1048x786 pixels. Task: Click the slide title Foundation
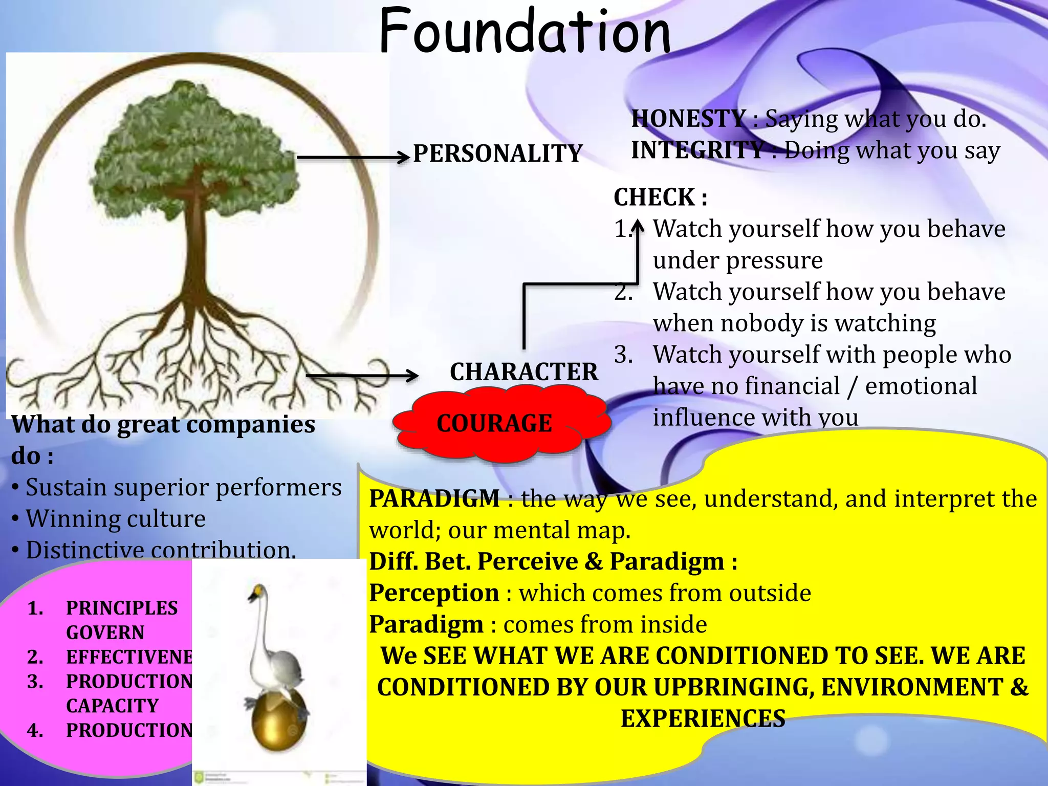[x=525, y=32]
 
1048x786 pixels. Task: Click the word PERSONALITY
[x=497, y=154]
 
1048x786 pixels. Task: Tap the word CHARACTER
[x=523, y=372]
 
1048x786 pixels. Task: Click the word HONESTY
[x=688, y=119]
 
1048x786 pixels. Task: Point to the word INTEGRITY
[x=697, y=150]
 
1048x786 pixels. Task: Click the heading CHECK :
[x=660, y=198]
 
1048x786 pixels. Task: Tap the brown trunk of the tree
[x=196, y=246]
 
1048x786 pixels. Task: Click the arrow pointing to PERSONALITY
[x=353, y=158]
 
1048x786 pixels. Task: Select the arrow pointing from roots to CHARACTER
[x=361, y=376]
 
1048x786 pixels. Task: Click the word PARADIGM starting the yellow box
[x=434, y=498]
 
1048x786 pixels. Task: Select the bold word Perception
[x=434, y=593]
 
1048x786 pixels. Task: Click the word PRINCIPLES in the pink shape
[x=122, y=608]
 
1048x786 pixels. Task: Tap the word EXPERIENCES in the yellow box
[x=703, y=718]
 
